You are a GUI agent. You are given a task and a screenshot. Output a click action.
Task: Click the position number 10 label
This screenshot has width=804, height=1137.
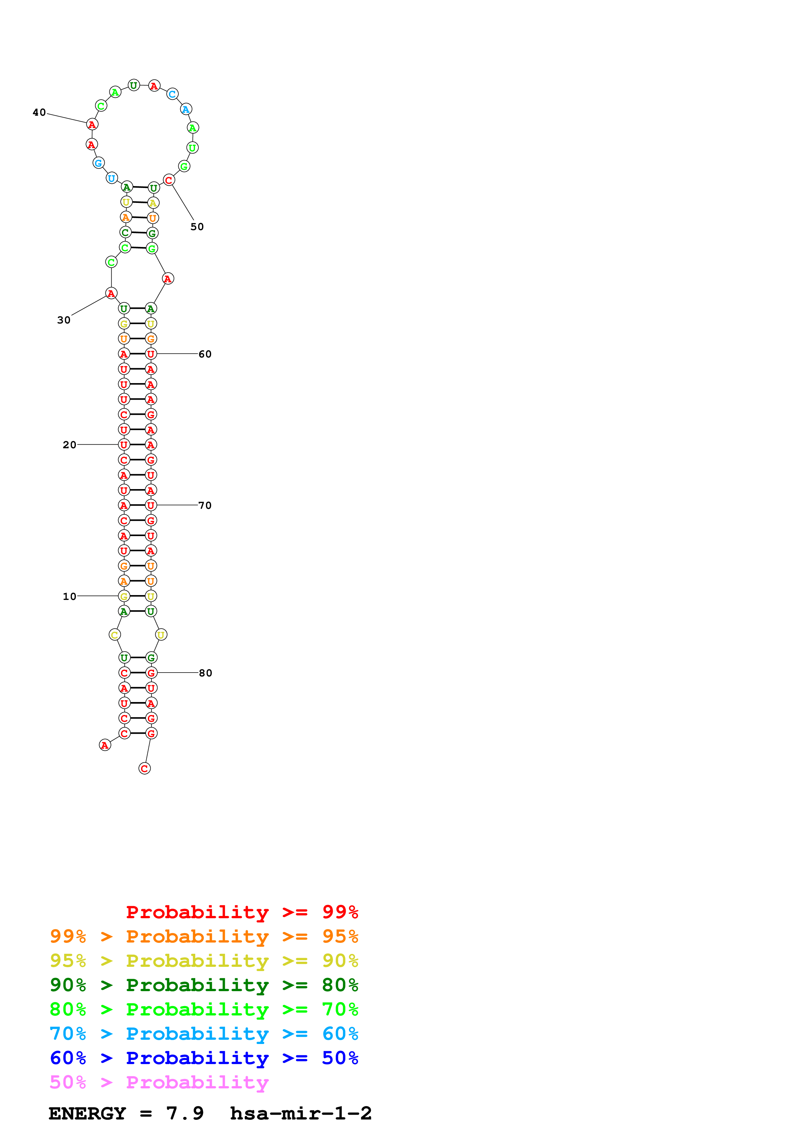click(x=69, y=596)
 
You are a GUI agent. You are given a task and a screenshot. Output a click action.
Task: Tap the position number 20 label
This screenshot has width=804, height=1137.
click(x=69, y=445)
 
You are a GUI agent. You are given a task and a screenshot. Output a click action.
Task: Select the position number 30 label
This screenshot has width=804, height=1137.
click(x=64, y=320)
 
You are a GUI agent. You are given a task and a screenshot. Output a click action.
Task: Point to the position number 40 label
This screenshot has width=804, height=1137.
click(x=39, y=112)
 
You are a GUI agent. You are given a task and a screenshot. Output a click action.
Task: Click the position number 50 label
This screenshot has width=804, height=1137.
click(x=197, y=227)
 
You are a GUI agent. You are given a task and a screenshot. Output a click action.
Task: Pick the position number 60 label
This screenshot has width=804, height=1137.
click(x=205, y=354)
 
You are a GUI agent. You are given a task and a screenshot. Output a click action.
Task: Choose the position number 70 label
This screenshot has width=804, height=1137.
click(x=205, y=505)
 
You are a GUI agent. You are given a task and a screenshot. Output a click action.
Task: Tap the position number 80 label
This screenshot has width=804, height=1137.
click(x=206, y=673)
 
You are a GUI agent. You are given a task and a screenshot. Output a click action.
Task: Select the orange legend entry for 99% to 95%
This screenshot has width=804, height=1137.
click(x=204, y=936)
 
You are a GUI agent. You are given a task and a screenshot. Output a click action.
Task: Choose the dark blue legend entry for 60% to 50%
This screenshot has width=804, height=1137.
click(x=204, y=1058)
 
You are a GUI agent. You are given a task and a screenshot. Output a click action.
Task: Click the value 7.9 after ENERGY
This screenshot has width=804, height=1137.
click(x=185, y=1113)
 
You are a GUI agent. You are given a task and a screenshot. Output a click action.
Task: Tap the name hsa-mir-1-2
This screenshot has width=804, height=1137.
click(x=301, y=1113)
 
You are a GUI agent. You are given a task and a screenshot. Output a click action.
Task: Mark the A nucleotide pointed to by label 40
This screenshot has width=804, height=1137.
click(x=92, y=124)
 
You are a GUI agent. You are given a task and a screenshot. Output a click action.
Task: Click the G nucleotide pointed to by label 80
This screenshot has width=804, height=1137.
click(x=151, y=673)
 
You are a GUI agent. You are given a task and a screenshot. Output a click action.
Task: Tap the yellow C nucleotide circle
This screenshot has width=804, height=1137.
click(x=114, y=635)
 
